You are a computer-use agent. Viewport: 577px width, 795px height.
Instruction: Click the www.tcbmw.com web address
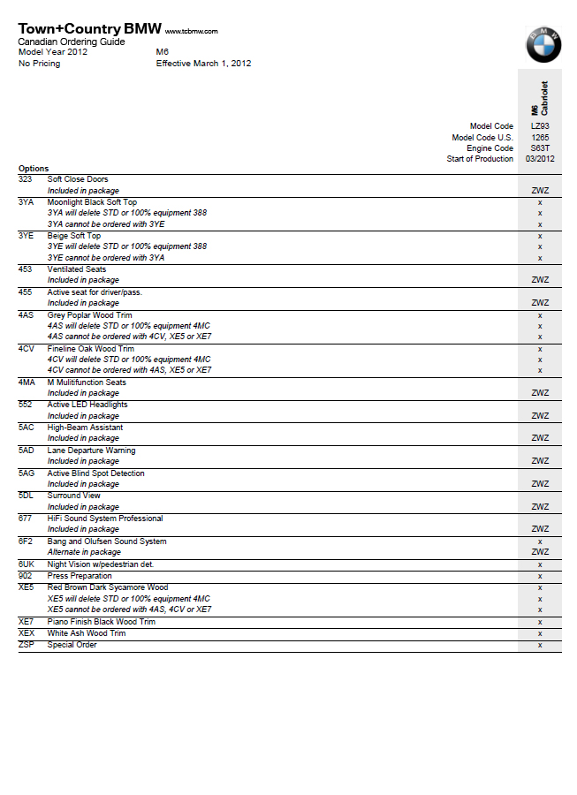coord(191,31)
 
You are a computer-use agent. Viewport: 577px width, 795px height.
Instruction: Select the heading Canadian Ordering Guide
coord(72,42)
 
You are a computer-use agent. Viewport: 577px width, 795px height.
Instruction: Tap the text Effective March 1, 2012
coord(203,64)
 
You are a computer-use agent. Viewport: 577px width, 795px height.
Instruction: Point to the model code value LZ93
coord(539,126)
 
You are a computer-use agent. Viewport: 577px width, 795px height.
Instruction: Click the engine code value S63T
coord(539,148)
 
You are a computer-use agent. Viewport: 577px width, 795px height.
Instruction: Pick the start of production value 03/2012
coord(539,159)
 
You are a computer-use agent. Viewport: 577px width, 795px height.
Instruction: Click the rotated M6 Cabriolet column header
coord(539,96)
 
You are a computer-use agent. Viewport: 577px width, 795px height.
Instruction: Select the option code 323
coord(25,179)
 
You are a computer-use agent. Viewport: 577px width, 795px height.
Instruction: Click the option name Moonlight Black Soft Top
coord(92,202)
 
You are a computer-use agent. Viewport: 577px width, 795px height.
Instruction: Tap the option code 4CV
coord(26,349)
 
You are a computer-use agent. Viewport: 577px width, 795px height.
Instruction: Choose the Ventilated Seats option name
coord(76,269)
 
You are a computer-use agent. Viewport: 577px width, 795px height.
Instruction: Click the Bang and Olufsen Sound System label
coord(106,541)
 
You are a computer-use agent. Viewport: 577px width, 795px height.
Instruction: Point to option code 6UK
coord(27,564)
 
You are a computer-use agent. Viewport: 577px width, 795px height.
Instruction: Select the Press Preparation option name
coord(80,576)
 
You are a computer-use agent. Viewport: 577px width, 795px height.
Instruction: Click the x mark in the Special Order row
coord(539,646)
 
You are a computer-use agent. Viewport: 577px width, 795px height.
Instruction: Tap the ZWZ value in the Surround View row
coord(539,507)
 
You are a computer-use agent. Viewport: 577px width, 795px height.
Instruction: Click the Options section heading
coord(34,169)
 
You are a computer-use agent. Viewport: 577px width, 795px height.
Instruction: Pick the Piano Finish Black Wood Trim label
coord(101,622)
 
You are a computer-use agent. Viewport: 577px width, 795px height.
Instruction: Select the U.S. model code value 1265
coord(539,138)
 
